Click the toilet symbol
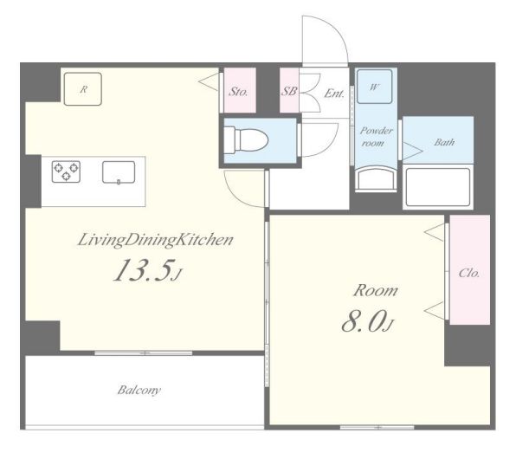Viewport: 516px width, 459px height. point(246,139)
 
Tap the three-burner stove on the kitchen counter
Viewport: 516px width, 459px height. point(66,171)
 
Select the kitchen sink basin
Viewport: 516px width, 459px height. point(119,172)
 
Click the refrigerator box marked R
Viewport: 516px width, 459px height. point(83,89)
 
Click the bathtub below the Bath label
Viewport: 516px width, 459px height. point(438,187)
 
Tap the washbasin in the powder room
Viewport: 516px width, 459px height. point(376,179)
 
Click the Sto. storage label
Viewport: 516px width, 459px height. point(238,92)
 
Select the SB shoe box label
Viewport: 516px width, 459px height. point(288,91)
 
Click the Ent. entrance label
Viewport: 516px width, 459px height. point(334,94)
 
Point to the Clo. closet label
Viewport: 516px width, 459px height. point(469,273)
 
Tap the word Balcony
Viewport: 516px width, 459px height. point(139,391)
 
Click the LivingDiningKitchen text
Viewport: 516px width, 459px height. point(155,241)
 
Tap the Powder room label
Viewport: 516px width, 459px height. point(376,137)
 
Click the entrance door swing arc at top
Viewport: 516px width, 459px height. point(336,32)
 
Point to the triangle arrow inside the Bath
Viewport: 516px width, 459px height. point(413,152)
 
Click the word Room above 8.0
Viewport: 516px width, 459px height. point(376,291)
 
